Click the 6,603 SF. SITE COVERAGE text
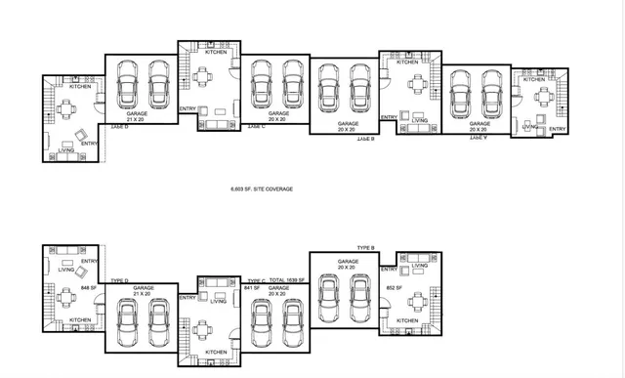pyautogui.click(x=261, y=189)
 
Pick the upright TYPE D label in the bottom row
pyautogui.click(x=121, y=280)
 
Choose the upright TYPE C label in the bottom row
pyautogui.click(x=257, y=280)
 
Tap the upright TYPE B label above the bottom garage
pyautogui.click(x=366, y=248)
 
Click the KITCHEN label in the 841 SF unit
pyautogui.click(x=216, y=352)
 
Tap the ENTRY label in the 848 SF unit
pyautogui.click(x=89, y=261)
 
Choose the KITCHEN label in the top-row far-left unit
pyautogui.click(x=80, y=87)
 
